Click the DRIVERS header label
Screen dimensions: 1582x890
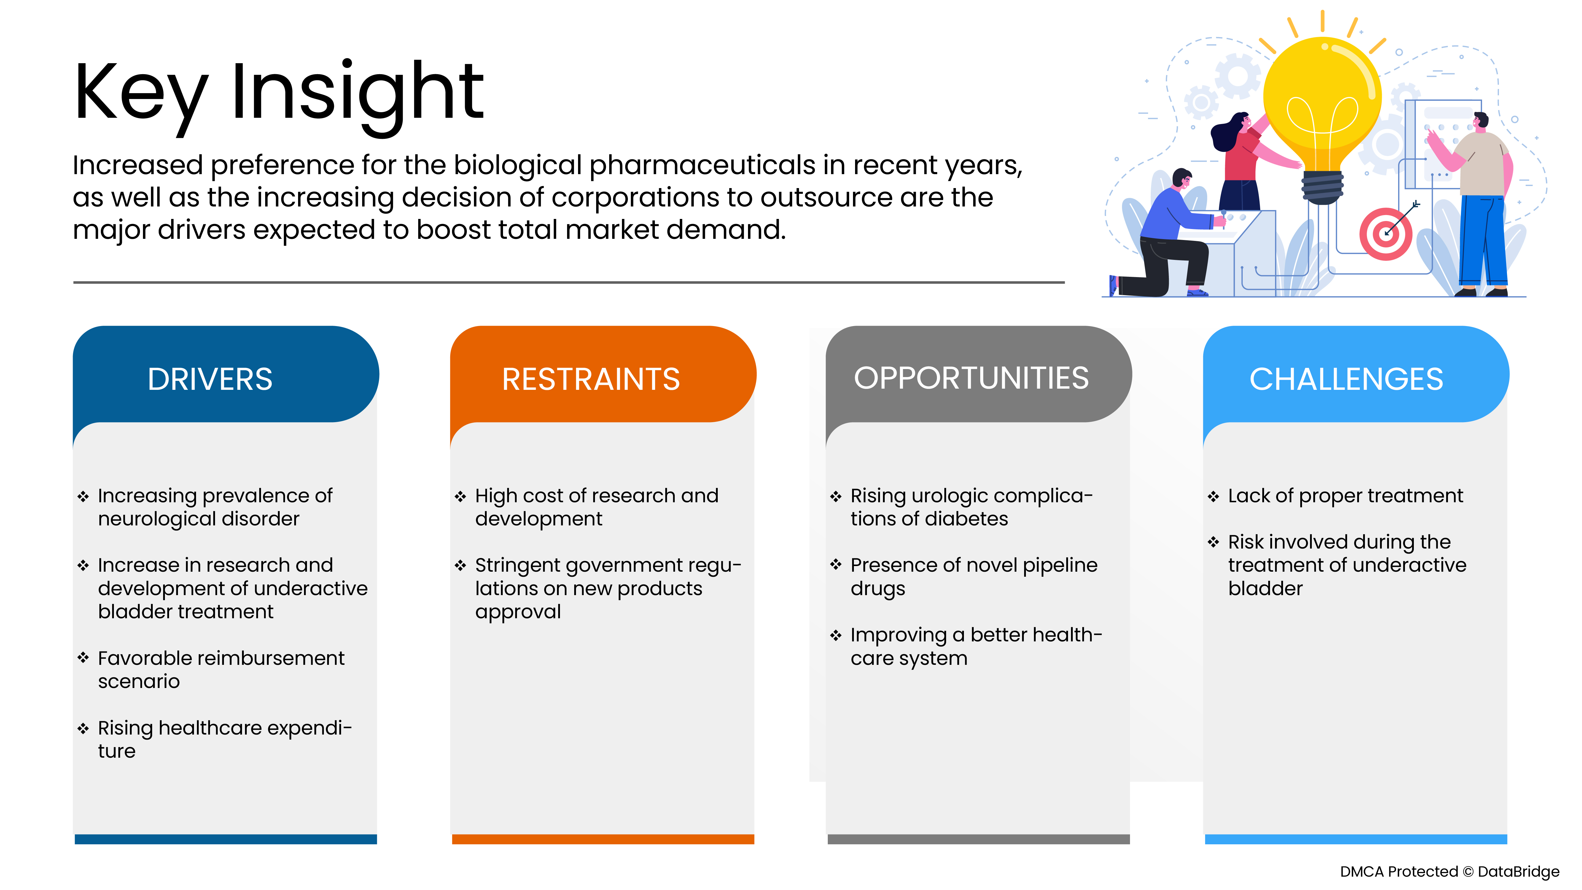(210, 379)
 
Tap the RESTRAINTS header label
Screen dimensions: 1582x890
(591, 379)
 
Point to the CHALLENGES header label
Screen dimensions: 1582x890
(1346, 379)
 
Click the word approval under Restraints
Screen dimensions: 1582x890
(518, 612)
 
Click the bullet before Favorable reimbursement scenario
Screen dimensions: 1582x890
(83, 658)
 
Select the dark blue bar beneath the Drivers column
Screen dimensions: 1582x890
(225, 839)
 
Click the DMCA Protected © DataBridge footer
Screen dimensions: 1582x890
(1449, 872)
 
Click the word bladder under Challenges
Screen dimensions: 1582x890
(1265, 588)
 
